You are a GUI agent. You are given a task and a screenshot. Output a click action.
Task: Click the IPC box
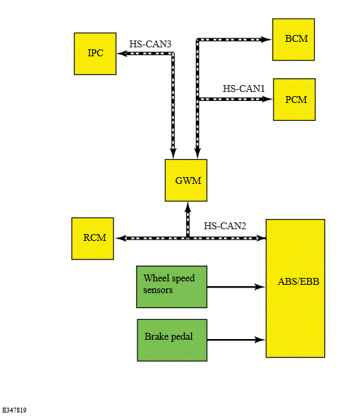[x=95, y=54]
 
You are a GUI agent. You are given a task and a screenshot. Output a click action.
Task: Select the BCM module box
[x=293, y=39]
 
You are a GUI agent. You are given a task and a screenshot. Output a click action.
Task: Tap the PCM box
[x=294, y=100]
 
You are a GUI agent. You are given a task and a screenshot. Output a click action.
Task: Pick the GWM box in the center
[x=186, y=181]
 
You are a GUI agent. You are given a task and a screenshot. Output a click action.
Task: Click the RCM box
[x=93, y=239]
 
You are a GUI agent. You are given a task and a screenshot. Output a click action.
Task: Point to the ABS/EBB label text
[x=298, y=281]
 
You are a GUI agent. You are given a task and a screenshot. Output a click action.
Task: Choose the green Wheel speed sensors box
[x=172, y=287]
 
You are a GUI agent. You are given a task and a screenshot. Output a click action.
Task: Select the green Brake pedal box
[x=172, y=340]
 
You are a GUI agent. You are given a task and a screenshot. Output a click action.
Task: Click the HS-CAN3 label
[x=150, y=44]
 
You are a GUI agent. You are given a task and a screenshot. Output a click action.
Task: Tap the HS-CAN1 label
[x=244, y=89]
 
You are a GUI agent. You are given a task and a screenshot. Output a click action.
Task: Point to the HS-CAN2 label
[x=225, y=226]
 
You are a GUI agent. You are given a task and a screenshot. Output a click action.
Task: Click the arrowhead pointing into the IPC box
[x=122, y=54]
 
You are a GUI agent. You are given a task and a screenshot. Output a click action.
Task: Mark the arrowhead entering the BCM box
[x=266, y=39]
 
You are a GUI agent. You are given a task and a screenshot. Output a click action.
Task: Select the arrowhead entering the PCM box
[x=267, y=99]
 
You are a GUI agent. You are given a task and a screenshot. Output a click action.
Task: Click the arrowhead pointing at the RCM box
[x=120, y=238]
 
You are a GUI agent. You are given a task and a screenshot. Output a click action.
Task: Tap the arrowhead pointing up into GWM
[x=188, y=207]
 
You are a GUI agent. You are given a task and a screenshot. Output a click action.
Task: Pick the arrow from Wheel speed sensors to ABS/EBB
[x=236, y=287]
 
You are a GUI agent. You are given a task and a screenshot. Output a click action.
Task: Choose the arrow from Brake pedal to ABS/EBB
[x=236, y=340]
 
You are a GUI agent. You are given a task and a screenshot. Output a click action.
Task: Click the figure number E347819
[x=14, y=410]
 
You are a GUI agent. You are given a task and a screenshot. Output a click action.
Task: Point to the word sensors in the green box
[x=158, y=290]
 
